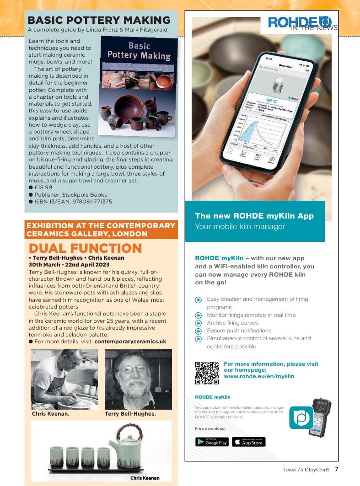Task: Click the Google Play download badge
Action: click(x=212, y=442)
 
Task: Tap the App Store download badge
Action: click(x=249, y=442)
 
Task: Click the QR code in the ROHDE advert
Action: click(x=207, y=373)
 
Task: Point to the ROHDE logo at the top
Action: click(x=300, y=22)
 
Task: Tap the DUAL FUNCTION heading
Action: click(x=86, y=248)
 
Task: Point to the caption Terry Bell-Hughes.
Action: click(x=130, y=414)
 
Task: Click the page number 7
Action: click(x=336, y=469)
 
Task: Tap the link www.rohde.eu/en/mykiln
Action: click(x=259, y=376)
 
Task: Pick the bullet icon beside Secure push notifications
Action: click(x=198, y=331)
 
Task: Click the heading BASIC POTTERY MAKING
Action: click(x=99, y=21)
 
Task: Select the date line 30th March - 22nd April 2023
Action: click(x=69, y=264)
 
